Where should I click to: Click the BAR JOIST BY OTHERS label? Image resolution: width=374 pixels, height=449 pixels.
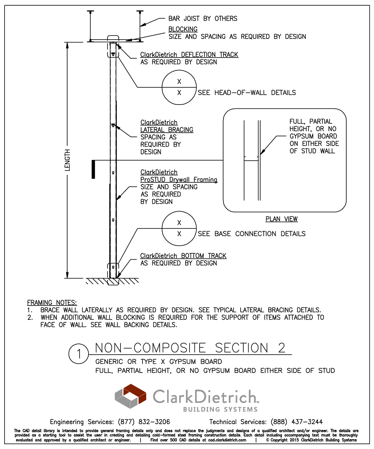tap(203, 19)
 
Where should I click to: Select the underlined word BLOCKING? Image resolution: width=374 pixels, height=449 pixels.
tap(183, 29)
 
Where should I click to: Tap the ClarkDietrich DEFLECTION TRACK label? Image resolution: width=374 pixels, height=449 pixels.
tap(189, 55)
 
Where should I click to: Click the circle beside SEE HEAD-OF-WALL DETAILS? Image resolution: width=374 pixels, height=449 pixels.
tap(179, 87)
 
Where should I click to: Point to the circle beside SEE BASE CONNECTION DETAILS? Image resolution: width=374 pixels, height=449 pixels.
tap(179, 228)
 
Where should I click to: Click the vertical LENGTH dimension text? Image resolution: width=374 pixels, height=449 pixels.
tap(67, 160)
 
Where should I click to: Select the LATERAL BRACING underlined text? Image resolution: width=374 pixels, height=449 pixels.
tap(167, 130)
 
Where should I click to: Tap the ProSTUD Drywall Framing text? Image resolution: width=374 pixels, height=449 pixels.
tap(179, 180)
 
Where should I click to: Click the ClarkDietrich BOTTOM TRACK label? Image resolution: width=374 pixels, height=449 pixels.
tap(183, 256)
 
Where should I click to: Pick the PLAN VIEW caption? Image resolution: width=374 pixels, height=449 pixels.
tap(281, 219)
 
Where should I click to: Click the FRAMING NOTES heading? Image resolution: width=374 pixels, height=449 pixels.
tap(52, 303)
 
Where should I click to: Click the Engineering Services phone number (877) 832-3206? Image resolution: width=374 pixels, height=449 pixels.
tap(144, 422)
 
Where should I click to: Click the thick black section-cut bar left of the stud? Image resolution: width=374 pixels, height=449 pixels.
tap(93, 169)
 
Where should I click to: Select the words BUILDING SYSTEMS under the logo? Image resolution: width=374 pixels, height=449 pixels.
tap(220, 409)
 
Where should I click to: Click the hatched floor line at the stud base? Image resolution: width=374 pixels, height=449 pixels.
tap(112, 281)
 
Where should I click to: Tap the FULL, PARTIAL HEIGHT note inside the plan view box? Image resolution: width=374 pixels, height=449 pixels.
tap(314, 136)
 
